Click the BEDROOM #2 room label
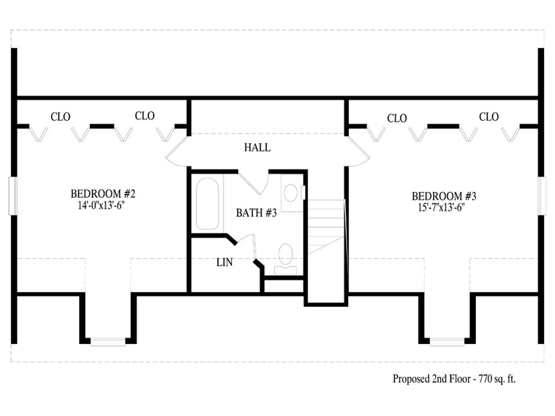(103, 194)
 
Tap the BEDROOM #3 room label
(444, 196)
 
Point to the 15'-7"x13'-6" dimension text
(441, 207)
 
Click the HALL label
(258, 148)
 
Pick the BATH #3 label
(256, 212)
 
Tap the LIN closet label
(225, 262)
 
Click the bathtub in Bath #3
(207, 204)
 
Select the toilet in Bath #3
(286, 259)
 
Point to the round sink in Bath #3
(291, 193)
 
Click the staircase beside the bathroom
(326, 227)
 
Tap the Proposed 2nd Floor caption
(454, 379)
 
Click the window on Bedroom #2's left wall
(13, 196)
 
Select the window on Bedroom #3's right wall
(542, 196)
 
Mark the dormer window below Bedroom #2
(108, 342)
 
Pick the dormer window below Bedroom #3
(447, 342)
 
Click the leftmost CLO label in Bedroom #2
(60, 117)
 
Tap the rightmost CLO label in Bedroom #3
(489, 117)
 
